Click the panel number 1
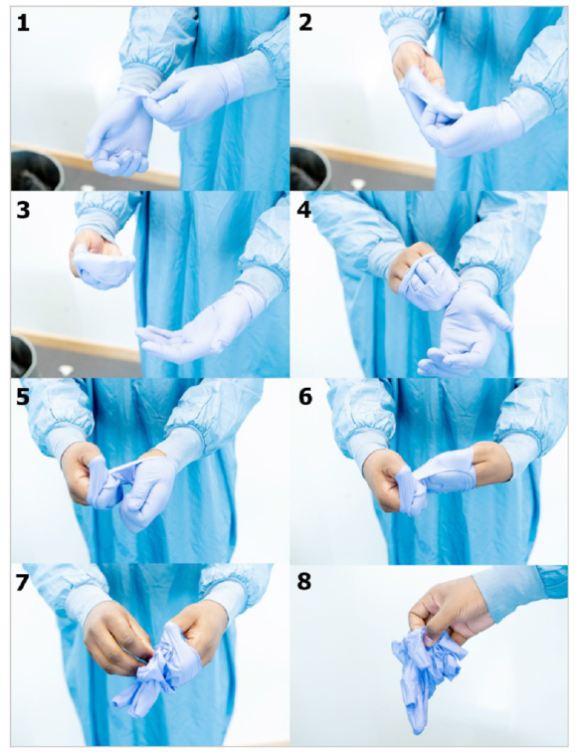23,23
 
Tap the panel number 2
305,23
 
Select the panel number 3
23,211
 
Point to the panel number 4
304,211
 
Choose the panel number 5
23,398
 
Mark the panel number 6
305,398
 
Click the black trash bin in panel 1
37,170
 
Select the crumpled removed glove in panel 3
102,268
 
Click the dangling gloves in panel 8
424,673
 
